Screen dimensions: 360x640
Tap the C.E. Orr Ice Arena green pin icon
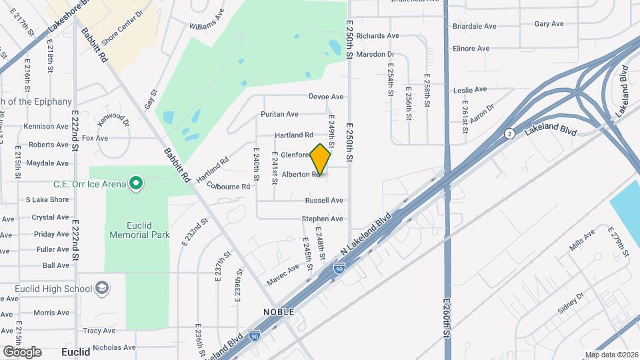tap(137, 182)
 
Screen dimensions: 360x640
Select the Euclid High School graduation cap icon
tap(102, 288)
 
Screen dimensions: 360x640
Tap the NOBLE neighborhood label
tap(279, 311)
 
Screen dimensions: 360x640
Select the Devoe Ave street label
tap(326, 97)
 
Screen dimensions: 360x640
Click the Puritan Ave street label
tap(279, 115)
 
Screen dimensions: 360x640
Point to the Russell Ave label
tap(324, 200)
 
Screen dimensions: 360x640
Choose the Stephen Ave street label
tap(322, 219)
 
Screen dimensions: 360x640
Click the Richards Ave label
tap(377, 35)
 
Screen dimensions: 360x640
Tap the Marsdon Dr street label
tap(375, 54)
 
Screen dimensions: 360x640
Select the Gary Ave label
tap(549, 23)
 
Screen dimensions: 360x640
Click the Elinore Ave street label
tap(471, 49)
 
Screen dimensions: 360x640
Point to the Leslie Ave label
tap(470, 89)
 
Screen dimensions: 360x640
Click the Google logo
tap(22, 351)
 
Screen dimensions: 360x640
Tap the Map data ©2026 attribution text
tap(611, 355)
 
